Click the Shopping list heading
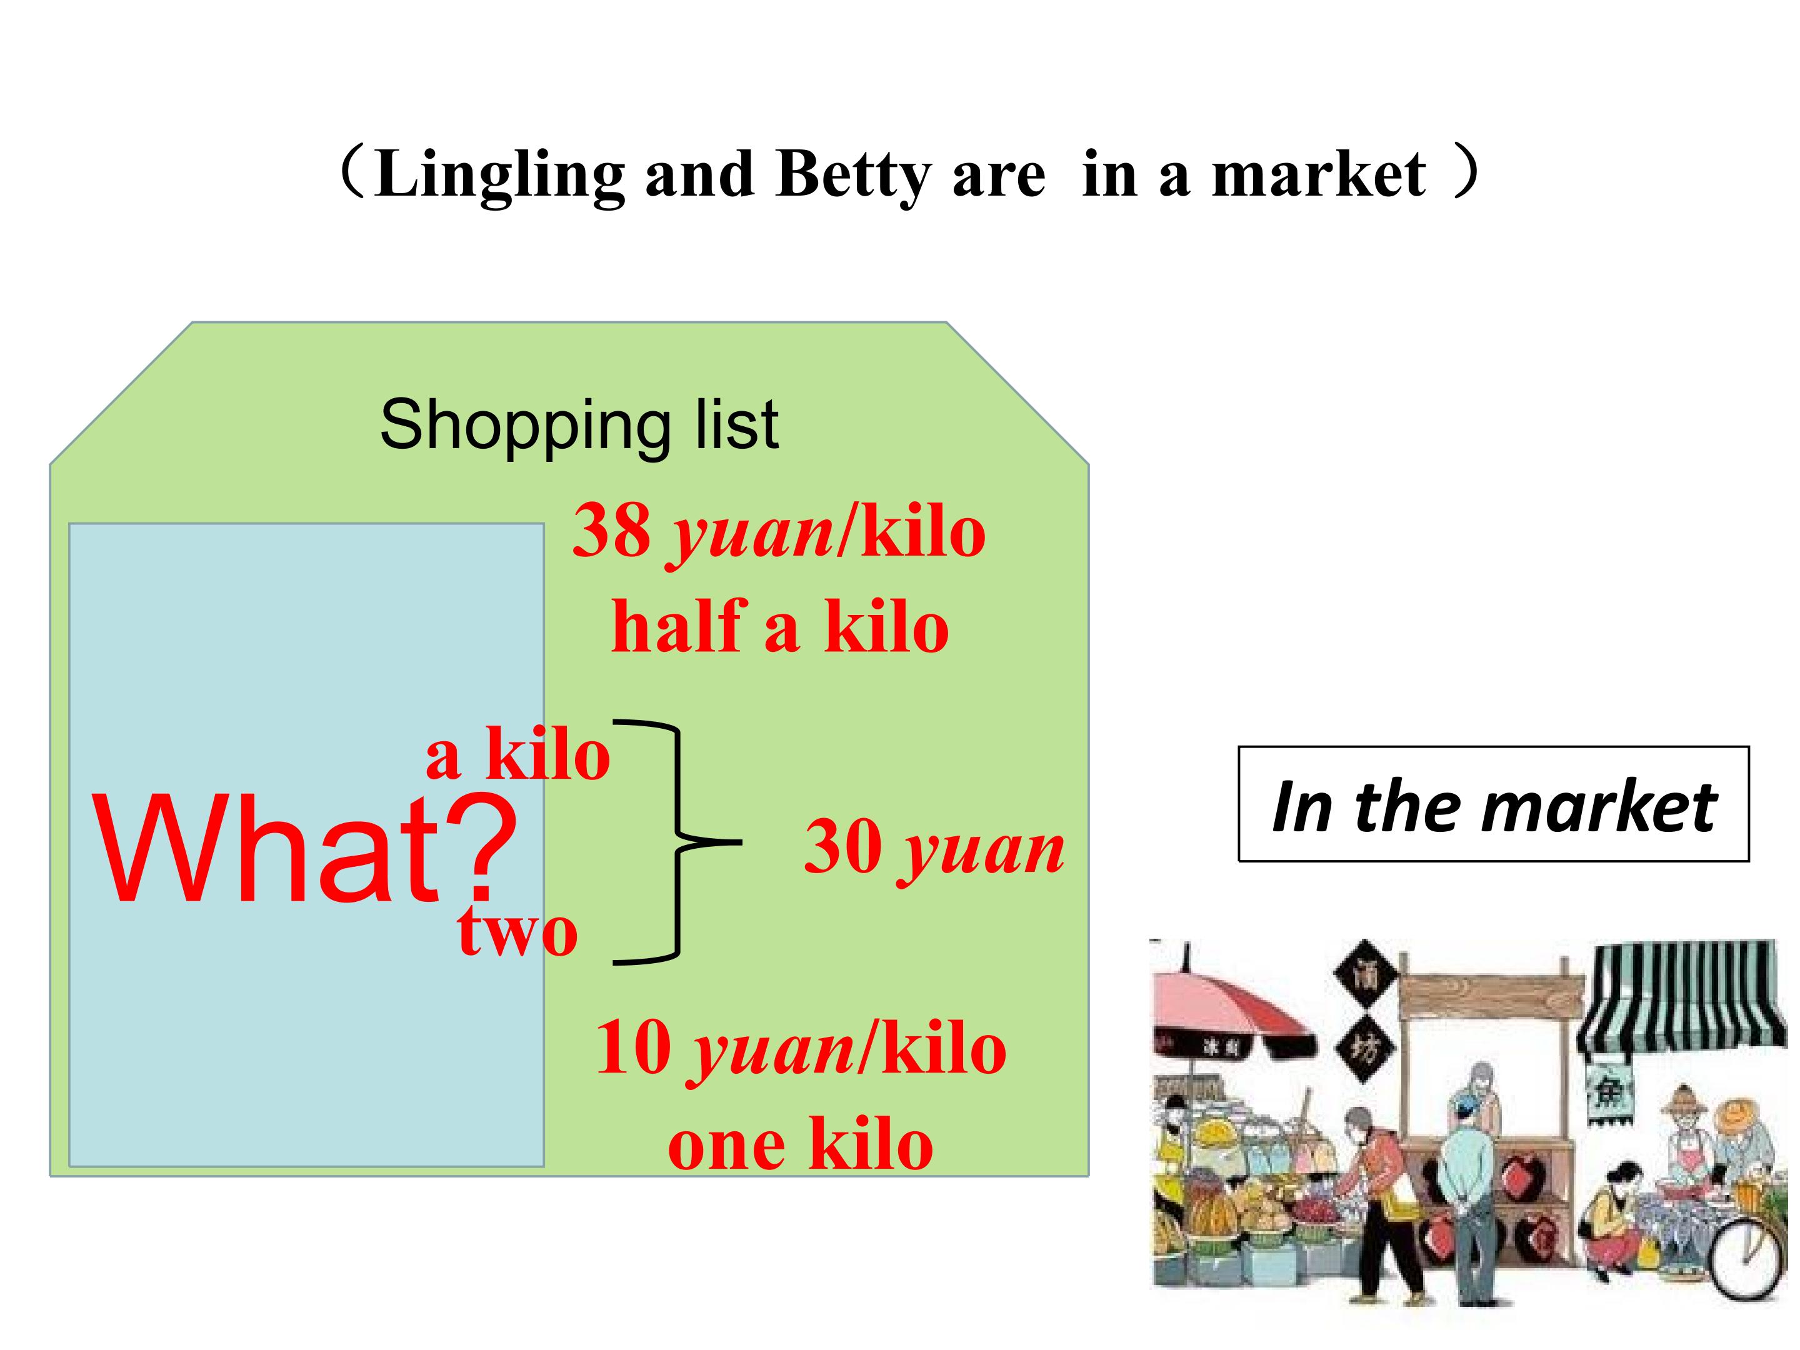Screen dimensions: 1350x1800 tap(579, 425)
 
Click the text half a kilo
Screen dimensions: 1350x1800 tap(779, 627)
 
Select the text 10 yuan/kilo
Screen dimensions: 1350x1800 tap(801, 1050)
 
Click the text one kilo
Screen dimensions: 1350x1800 tap(800, 1145)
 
